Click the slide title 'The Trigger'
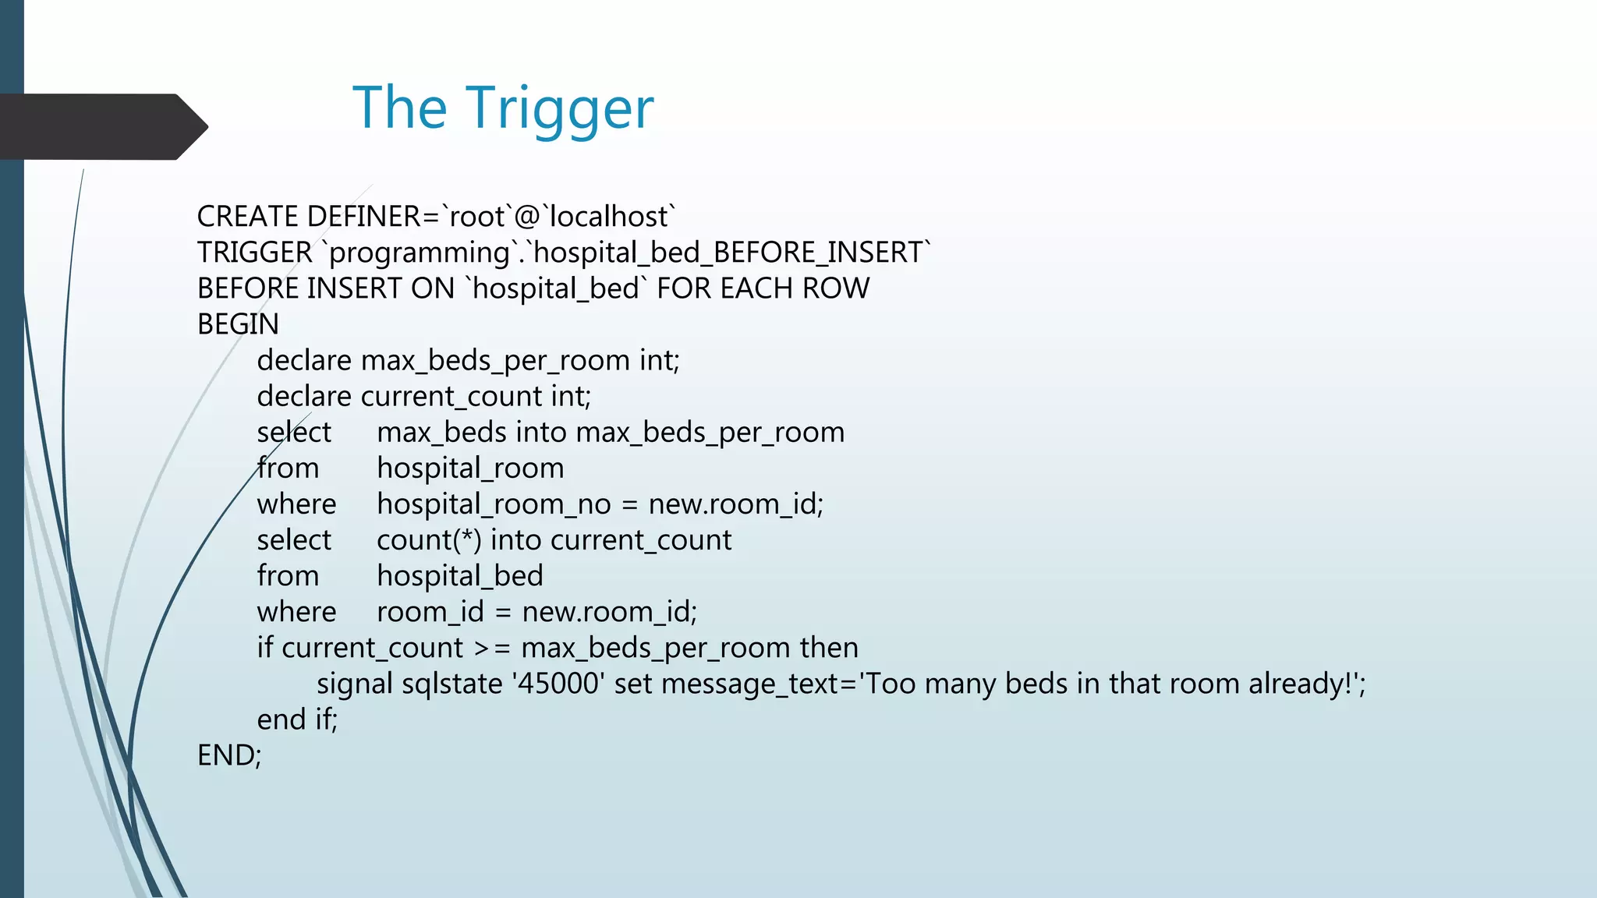(x=503, y=108)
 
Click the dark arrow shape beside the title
(x=101, y=126)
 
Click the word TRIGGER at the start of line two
(x=254, y=253)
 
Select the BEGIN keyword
(x=238, y=324)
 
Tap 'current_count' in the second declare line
(x=452, y=397)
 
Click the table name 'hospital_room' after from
(x=470, y=468)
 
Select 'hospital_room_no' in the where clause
(x=494, y=504)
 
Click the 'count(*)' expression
(x=429, y=540)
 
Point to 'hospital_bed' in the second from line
(x=460, y=576)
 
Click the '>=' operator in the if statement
(x=492, y=648)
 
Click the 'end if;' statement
(x=297, y=719)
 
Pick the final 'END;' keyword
(x=229, y=755)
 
